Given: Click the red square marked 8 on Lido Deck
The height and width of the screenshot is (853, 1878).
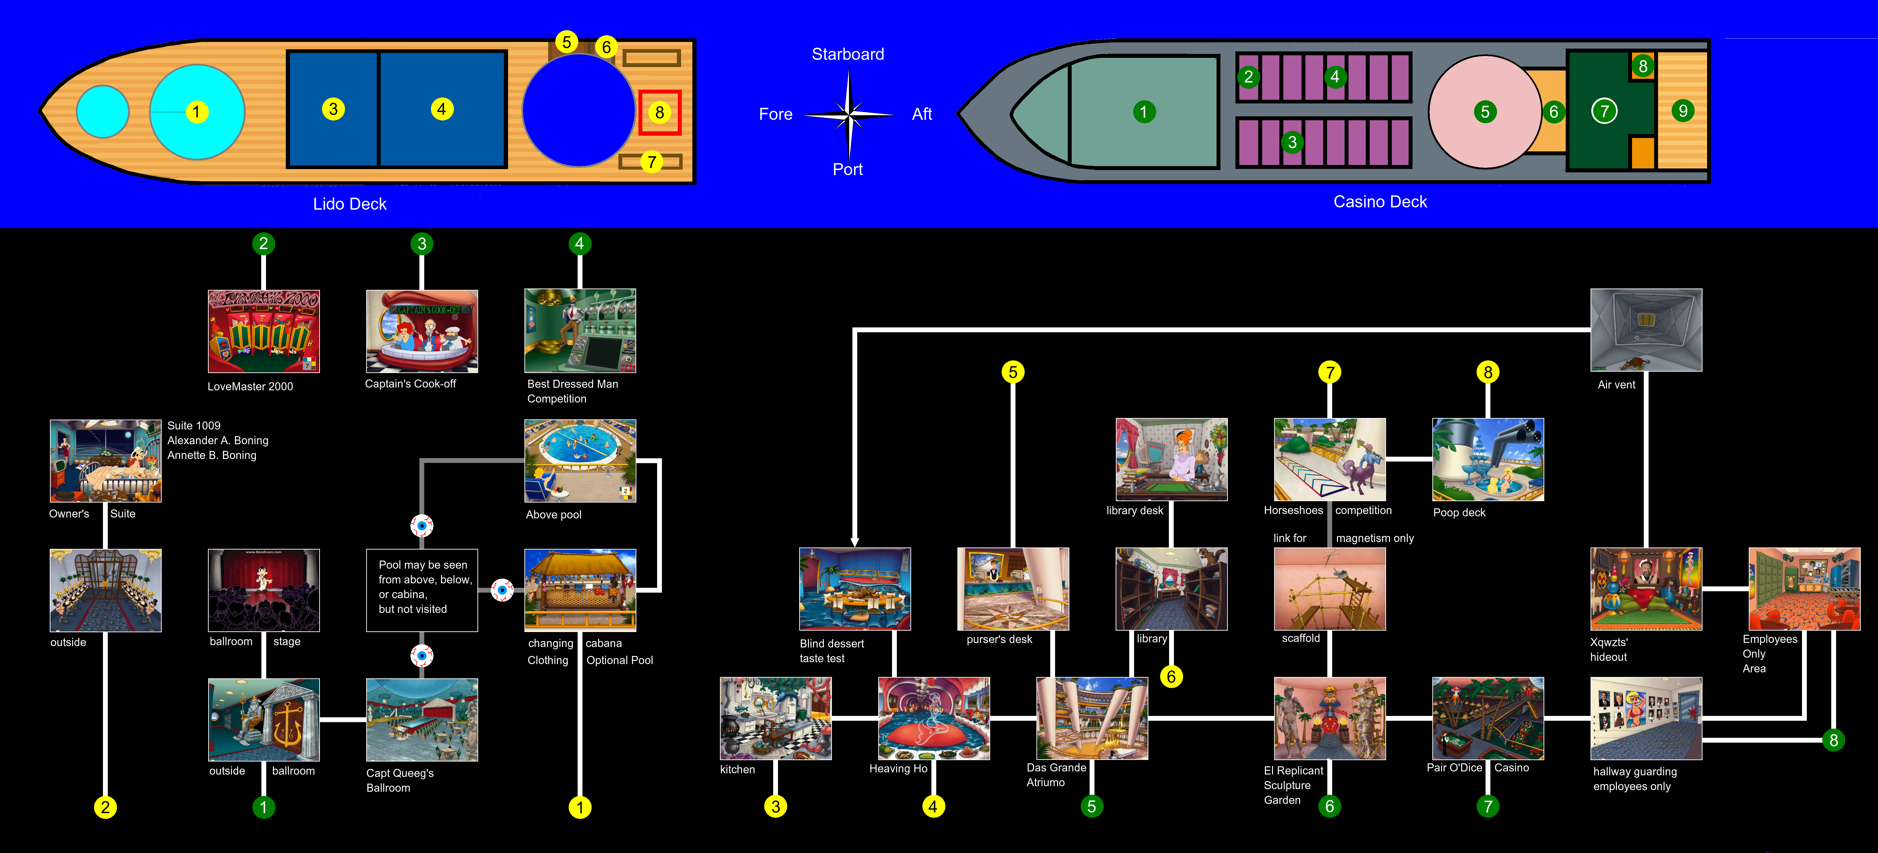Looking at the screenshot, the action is pos(660,112).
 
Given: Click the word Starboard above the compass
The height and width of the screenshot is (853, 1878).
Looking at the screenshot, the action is pos(848,54).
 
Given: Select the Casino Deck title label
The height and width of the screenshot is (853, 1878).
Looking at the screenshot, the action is pos(1380,202).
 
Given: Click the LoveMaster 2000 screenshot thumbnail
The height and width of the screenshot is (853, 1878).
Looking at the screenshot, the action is pos(264,331).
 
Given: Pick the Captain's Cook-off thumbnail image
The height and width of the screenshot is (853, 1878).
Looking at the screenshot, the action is pos(422,331).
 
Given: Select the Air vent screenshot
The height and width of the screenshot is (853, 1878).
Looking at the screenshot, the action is pos(1646,329).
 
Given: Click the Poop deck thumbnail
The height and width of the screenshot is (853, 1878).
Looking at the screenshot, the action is pos(1488,459).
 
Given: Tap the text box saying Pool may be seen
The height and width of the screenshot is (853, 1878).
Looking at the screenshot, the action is pos(422,590).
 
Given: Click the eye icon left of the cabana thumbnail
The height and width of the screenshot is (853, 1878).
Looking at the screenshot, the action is pos(502,590).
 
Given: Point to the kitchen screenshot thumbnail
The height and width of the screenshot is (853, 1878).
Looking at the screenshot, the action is pos(776,718).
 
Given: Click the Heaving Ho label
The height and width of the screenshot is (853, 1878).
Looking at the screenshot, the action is pos(898,768).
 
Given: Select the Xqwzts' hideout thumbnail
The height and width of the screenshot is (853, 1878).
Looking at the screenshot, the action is pos(1646,589).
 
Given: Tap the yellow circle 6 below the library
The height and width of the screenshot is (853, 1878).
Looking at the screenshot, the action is pos(1171,677).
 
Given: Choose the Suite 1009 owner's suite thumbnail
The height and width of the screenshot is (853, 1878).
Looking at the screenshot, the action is pos(106,461).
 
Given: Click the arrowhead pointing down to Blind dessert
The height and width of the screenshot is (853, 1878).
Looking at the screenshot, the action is pos(854,542).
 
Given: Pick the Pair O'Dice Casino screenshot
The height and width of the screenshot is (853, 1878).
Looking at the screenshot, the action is pos(1488,718).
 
